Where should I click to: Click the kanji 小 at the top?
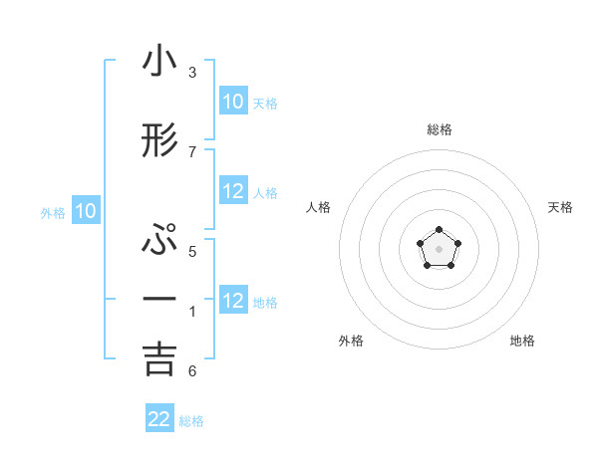[159, 63]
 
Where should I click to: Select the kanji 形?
[159, 141]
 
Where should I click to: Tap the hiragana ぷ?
[159, 242]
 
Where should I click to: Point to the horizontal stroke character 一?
[159, 300]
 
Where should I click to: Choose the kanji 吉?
[159, 358]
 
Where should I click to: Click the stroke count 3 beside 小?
[191, 73]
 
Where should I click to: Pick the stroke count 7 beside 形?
[191, 151]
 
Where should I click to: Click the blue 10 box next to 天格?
[232, 102]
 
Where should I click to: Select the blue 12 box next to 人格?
[233, 192]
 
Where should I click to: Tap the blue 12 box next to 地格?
[233, 301]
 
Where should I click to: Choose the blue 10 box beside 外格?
[86, 211]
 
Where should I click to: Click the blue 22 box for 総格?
[159, 419]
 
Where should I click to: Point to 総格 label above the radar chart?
[439, 129]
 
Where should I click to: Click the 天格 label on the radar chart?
[560, 207]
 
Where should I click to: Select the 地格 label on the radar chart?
[522, 341]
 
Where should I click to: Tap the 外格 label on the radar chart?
[351, 341]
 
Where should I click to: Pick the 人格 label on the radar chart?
[318, 207]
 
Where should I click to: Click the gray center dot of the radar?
[439, 247]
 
